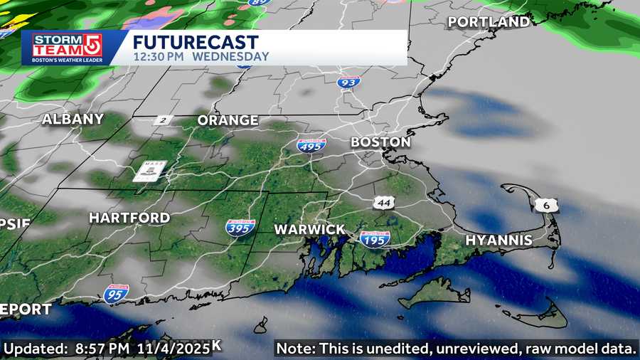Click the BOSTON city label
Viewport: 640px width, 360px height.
point(380,142)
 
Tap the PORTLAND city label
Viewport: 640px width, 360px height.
point(489,22)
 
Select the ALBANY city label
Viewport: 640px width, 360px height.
point(73,120)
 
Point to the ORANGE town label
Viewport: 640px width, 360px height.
point(228,120)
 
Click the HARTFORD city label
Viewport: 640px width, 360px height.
point(129,218)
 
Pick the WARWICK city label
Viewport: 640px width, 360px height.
point(310,230)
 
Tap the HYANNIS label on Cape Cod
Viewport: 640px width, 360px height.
point(498,240)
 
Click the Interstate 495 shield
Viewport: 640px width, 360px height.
point(311,145)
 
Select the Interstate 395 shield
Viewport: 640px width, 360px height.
point(240,228)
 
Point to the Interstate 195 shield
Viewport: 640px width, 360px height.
point(375,238)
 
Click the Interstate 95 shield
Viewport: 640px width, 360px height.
point(116,292)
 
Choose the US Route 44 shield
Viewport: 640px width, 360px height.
point(384,204)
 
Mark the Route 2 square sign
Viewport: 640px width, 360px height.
point(163,120)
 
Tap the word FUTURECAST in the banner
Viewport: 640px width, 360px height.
point(196,41)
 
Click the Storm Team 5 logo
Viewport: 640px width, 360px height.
point(67,48)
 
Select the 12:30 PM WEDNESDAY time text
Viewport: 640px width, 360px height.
point(201,56)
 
